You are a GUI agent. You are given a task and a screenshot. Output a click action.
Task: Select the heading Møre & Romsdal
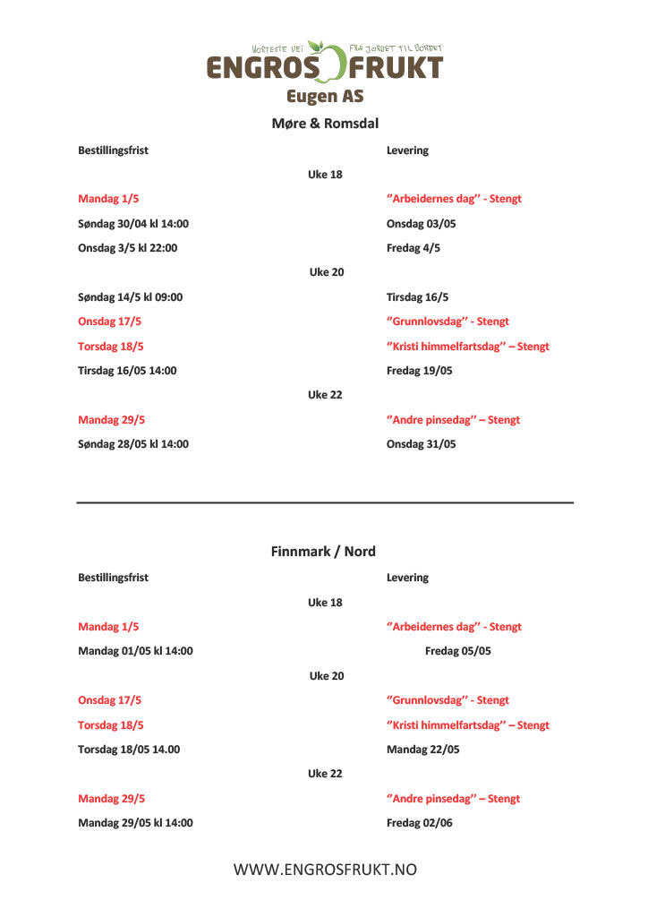click(324, 124)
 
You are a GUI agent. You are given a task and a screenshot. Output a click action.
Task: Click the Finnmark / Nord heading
click(323, 552)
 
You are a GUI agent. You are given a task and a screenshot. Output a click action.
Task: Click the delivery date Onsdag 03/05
click(421, 224)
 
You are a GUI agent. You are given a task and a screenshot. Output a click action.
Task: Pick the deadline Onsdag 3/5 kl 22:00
click(127, 248)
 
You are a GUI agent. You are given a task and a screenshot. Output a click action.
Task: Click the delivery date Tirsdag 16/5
click(416, 297)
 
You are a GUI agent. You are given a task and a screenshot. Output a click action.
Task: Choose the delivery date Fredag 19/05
click(419, 371)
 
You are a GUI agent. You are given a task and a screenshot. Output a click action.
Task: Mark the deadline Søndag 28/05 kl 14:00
click(133, 444)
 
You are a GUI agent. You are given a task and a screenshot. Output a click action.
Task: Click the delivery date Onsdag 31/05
click(421, 444)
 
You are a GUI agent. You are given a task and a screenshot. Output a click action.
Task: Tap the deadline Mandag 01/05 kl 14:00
click(135, 651)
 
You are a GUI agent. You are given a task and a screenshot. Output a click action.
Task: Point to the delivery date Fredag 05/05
click(457, 651)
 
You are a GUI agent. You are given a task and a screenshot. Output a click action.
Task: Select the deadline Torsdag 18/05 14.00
click(129, 750)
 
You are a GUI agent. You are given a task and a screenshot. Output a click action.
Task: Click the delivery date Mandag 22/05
click(422, 750)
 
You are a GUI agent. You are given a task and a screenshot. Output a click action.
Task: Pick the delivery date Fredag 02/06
click(419, 823)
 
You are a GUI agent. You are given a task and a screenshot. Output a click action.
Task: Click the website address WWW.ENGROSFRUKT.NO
click(325, 870)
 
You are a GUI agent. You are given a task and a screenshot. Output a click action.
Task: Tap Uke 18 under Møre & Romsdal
click(325, 175)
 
